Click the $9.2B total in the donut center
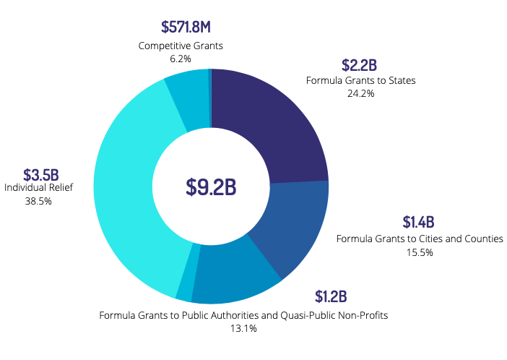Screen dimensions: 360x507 point(211,187)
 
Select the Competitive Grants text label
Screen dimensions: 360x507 point(181,46)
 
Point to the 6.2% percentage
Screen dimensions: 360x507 point(181,58)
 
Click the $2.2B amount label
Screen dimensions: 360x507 point(360,64)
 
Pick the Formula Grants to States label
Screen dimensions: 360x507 point(360,80)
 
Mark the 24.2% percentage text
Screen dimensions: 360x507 point(360,93)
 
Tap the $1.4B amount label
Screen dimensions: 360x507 point(420,222)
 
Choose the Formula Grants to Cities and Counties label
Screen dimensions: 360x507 point(420,239)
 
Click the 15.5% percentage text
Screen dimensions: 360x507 point(420,252)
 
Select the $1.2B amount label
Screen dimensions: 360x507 point(331,296)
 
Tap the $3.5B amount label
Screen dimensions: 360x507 point(40,174)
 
